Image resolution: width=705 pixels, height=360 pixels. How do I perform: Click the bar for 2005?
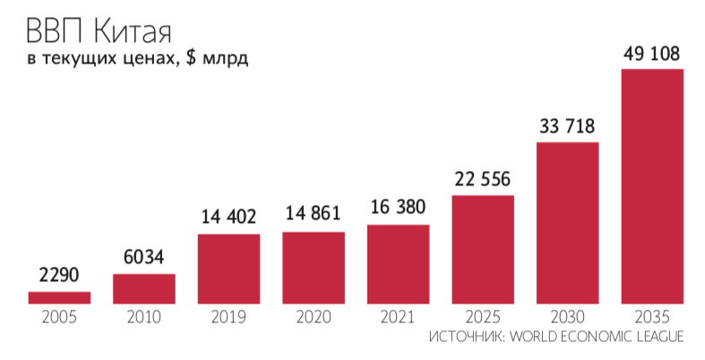tap(59, 297)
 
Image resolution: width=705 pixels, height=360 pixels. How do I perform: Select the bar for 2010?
tap(143, 288)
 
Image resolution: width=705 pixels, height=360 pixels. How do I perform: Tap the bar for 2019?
tap(228, 269)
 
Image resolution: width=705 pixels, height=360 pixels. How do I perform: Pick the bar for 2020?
tap(314, 268)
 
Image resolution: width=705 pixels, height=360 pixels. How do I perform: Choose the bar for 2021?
tap(398, 264)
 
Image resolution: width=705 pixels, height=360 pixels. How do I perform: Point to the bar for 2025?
tap(483, 249)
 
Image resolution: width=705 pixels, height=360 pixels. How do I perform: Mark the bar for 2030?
tap(567, 222)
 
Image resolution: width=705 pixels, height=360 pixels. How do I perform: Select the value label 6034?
tap(143, 259)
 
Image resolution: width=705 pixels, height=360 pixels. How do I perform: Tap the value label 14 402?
tap(228, 217)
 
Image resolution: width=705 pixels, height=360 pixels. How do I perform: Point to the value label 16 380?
tap(398, 208)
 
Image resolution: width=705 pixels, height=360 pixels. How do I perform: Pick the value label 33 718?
tap(567, 125)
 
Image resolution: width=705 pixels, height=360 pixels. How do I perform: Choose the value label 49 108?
tap(652, 54)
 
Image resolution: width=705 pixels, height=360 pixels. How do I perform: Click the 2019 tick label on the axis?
tap(228, 317)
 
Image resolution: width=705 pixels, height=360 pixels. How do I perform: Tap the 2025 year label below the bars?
tap(483, 317)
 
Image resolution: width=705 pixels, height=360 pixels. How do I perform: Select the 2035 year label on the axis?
tap(652, 317)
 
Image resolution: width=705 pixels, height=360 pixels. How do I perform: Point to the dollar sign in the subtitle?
tap(192, 60)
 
